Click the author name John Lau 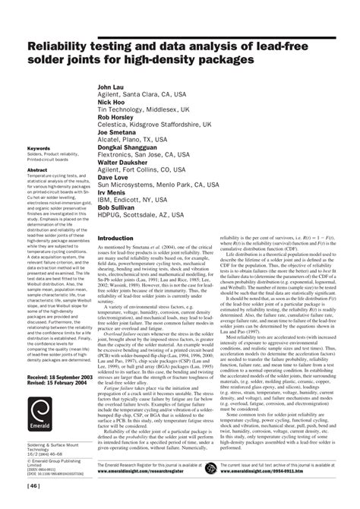pos(112,87)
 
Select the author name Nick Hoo pos(111,102)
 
